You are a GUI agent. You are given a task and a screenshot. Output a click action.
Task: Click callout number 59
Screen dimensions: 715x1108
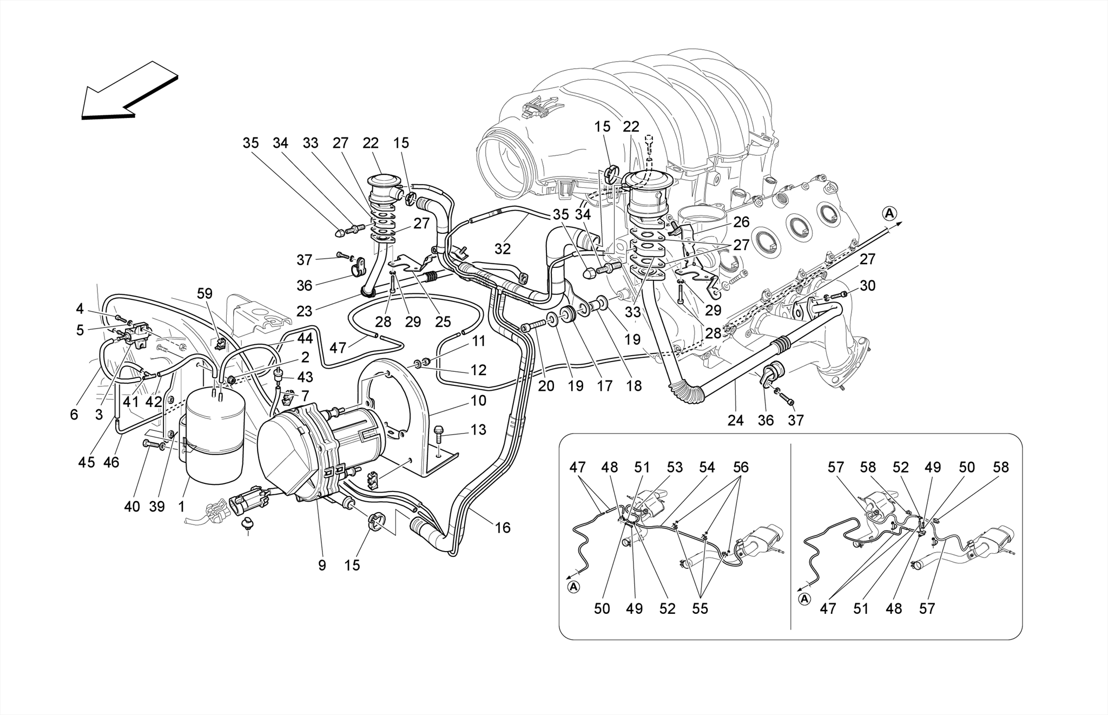point(205,294)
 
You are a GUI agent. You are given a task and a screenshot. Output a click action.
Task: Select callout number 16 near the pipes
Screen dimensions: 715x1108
point(503,528)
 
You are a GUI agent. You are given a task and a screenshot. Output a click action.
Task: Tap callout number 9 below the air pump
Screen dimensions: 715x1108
point(322,566)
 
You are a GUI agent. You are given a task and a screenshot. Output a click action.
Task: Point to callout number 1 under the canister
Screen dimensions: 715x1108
point(181,507)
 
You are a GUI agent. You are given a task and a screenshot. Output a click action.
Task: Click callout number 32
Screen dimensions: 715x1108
point(503,248)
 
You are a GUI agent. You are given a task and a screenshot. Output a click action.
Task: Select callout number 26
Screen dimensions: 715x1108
point(742,222)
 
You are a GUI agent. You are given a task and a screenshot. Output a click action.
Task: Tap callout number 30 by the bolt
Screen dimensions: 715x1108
point(867,286)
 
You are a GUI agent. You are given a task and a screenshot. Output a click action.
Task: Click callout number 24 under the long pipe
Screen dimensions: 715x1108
point(735,420)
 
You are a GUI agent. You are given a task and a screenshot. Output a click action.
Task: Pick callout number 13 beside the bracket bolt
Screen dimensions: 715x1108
point(478,430)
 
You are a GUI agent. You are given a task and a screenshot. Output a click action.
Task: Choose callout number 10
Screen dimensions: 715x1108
point(478,401)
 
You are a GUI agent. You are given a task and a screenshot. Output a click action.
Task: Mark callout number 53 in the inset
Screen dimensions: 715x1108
point(675,468)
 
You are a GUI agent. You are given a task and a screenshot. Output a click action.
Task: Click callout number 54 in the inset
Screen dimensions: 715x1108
point(707,468)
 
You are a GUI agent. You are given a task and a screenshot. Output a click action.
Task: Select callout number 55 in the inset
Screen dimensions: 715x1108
point(700,609)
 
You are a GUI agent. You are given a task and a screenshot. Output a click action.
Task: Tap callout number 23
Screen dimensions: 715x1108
point(305,312)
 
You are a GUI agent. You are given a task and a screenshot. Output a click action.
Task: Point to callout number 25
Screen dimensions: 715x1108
point(443,322)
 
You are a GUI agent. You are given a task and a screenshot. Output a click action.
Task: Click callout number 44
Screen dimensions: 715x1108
point(305,339)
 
